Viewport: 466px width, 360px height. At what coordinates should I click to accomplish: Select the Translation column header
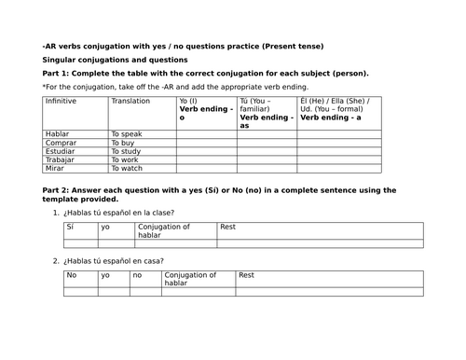[x=130, y=101]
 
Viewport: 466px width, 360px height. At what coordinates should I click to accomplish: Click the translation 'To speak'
[x=127, y=134]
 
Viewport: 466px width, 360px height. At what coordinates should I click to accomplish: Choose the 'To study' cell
[x=127, y=151]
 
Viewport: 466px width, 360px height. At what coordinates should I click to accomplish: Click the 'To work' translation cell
[x=126, y=159]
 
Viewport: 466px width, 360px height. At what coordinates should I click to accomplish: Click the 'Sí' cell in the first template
[x=70, y=227]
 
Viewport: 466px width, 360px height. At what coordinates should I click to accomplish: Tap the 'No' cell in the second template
[x=72, y=275]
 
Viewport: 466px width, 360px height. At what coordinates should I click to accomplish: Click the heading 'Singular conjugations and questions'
[x=115, y=59]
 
